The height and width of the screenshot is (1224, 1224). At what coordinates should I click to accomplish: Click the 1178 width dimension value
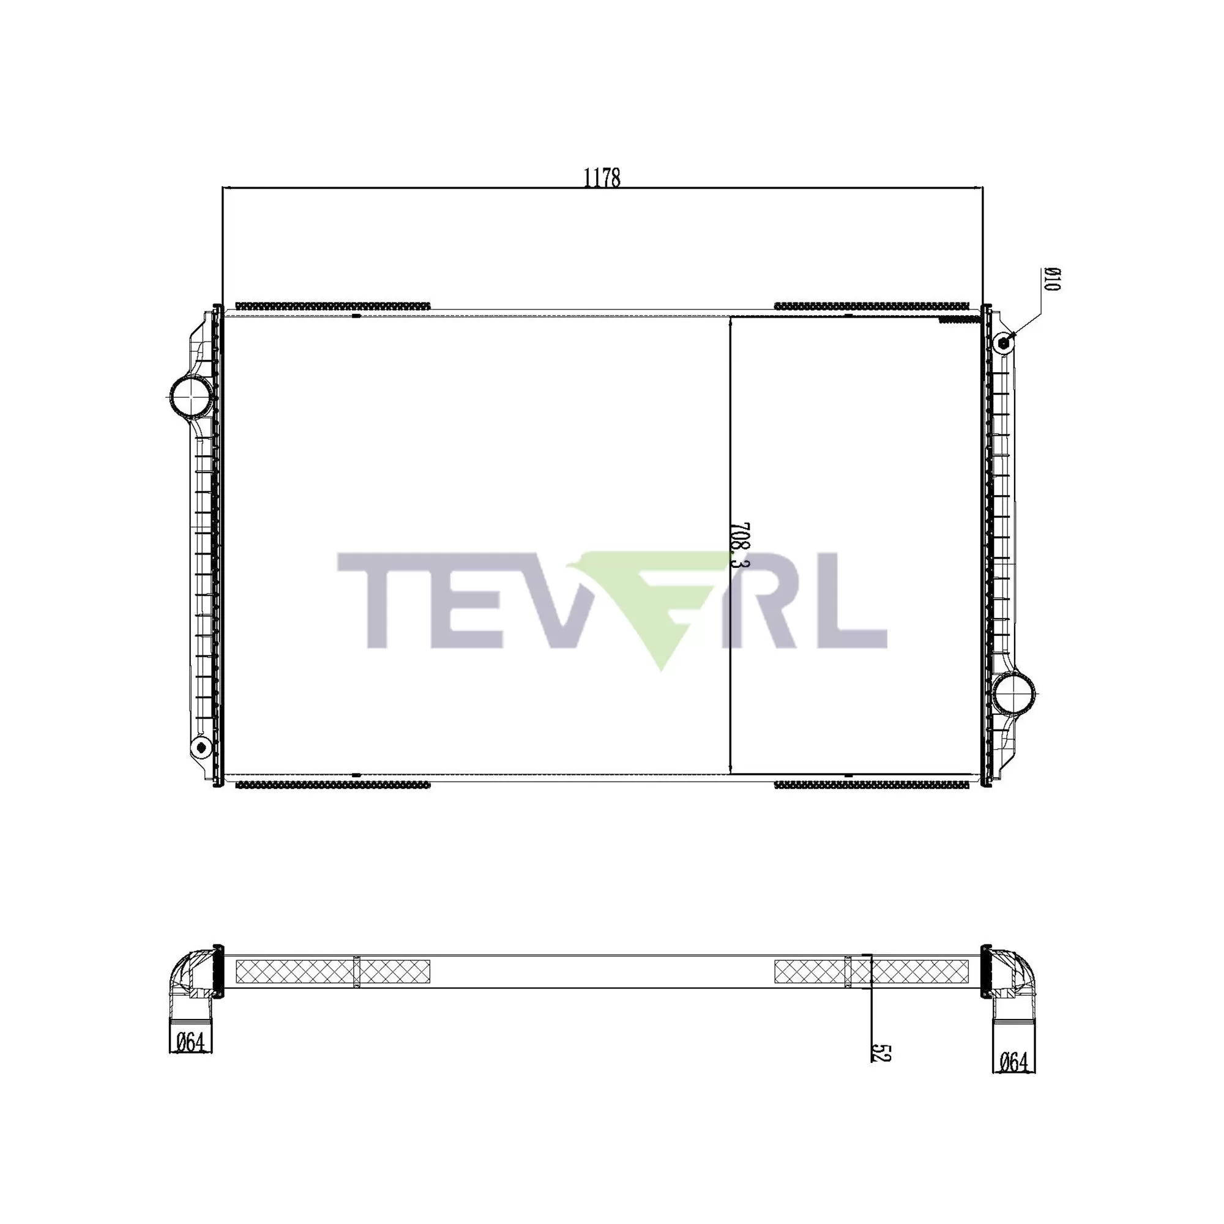[x=601, y=178]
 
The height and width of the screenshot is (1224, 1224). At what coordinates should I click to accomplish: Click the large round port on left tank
[x=190, y=396]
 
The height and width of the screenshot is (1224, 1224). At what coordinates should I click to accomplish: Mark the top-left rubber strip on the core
[x=332, y=306]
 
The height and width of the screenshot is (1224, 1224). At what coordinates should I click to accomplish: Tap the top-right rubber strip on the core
[x=871, y=306]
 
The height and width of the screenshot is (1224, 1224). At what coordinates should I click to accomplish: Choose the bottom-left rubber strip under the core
[x=332, y=785]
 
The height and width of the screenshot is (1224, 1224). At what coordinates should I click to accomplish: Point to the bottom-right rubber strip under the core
[x=871, y=785]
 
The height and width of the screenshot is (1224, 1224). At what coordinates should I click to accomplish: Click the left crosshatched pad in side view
[x=332, y=971]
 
